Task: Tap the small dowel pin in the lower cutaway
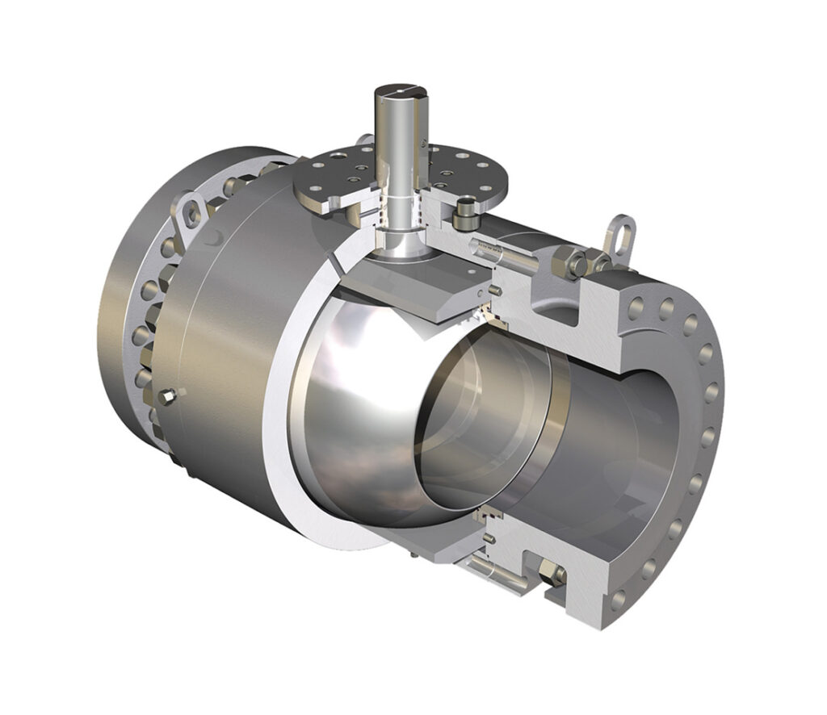coord(489,537)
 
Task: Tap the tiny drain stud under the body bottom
coord(413,556)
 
